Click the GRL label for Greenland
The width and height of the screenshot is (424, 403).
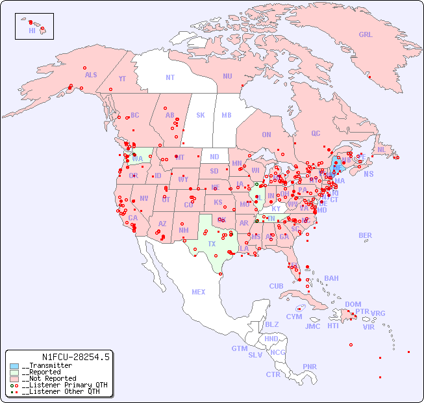click(x=366, y=35)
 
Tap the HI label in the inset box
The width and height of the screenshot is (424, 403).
click(x=32, y=31)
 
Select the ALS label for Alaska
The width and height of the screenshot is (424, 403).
click(x=91, y=75)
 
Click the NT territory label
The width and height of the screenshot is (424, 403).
click(x=170, y=77)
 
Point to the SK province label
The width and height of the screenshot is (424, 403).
click(x=201, y=116)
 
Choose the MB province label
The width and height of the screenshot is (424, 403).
click(x=227, y=116)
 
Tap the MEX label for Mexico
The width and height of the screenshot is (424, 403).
click(x=199, y=292)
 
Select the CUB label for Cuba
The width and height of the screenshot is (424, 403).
click(x=277, y=287)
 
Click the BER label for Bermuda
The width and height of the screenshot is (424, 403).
click(x=366, y=236)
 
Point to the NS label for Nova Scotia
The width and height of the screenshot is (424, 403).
click(x=369, y=174)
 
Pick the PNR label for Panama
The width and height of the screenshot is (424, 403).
click(x=310, y=367)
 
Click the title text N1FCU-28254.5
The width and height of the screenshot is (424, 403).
click(x=76, y=357)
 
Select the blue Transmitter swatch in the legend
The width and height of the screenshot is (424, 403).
click(x=14, y=366)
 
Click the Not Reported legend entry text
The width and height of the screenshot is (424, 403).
click(x=49, y=378)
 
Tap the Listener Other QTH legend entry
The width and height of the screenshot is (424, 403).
click(x=60, y=391)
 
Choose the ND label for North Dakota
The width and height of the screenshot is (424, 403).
click(x=214, y=157)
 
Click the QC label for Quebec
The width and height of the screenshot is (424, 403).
click(x=316, y=134)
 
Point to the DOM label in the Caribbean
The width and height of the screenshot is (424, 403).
click(x=353, y=304)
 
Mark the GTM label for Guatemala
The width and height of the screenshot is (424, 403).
click(x=239, y=349)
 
